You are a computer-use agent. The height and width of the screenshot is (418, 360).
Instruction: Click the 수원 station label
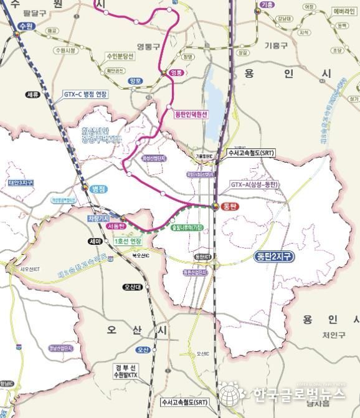coord(26,26)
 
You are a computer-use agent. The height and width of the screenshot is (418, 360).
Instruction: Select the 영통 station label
coord(178,72)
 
